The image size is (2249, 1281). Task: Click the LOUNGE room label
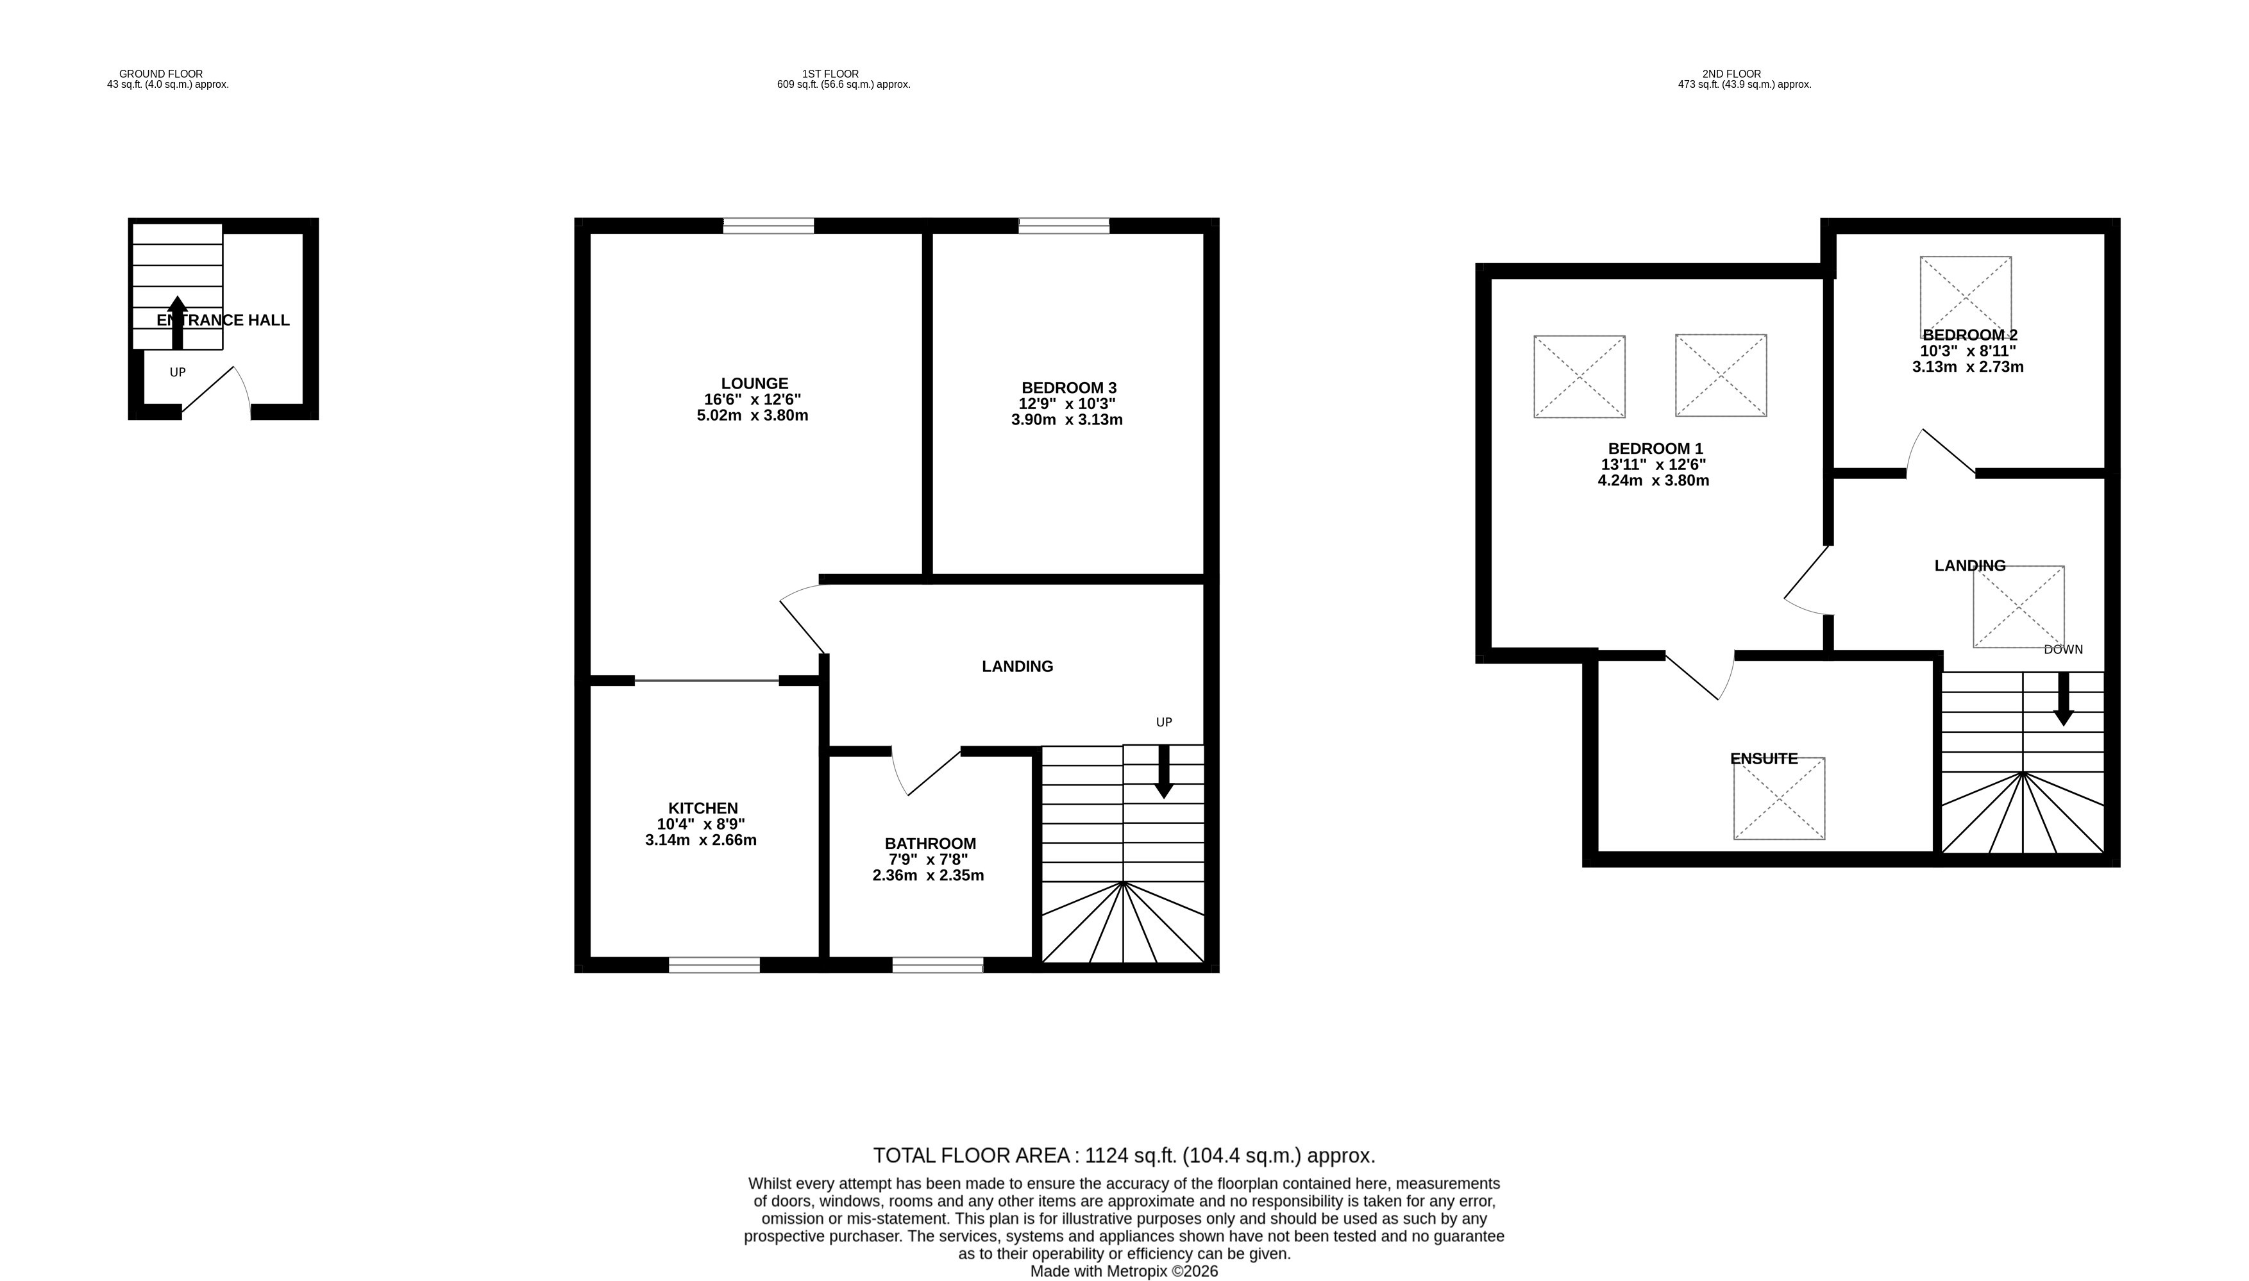(x=754, y=383)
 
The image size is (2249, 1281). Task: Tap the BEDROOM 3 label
(x=1068, y=388)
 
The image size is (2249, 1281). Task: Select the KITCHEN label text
(x=703, y=808)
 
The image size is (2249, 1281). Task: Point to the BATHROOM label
(x=930, y=844)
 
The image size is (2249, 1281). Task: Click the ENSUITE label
(x=1764, y=758)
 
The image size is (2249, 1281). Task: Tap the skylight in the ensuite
(x=1778, y=798)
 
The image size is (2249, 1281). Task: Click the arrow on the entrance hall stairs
(x=178, y=322)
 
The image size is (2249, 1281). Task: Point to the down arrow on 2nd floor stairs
(x=2063, y=699)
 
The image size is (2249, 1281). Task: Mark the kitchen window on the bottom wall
(x=714, y=965)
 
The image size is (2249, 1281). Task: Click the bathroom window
(x=937, y=965)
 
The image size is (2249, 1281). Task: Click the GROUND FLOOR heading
(x=161, y=74)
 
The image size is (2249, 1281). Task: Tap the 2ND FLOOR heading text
(x=1731, y=74)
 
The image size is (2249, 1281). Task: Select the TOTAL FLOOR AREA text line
(x=1124, y=1155)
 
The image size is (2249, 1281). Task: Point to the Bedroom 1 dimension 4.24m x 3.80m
(x=1653, y=480)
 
